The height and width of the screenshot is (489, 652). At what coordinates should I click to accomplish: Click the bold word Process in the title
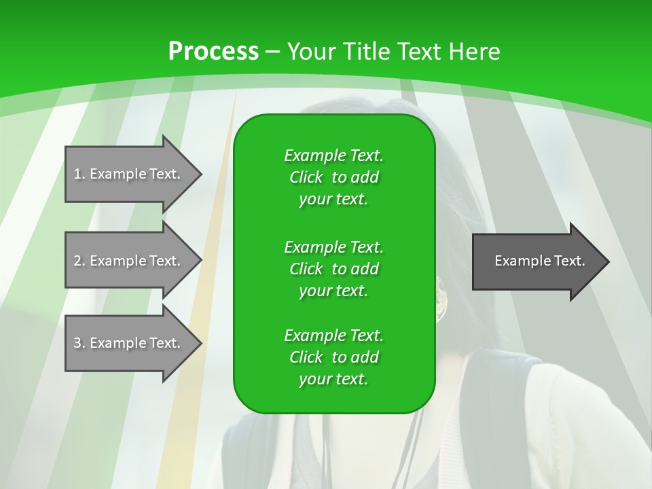[213, 52]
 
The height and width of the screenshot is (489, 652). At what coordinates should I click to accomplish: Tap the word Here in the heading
[474, 52]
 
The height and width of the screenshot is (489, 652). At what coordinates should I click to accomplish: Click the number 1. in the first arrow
[79, 174]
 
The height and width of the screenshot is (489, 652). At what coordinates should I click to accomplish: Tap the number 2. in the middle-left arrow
[79, 261]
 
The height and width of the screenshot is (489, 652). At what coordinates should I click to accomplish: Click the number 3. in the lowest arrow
[79, 343]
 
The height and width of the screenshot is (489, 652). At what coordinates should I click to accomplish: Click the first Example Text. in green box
[333, 156]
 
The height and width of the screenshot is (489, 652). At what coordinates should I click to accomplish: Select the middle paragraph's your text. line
[333, 291]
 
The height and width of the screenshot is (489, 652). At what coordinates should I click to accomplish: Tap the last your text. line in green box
[333, 380]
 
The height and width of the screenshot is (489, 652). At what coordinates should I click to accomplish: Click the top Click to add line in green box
[333, 177]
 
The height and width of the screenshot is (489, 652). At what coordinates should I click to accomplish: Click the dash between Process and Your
[273, 52]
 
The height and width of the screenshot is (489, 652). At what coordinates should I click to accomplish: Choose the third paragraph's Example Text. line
[333, 336]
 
